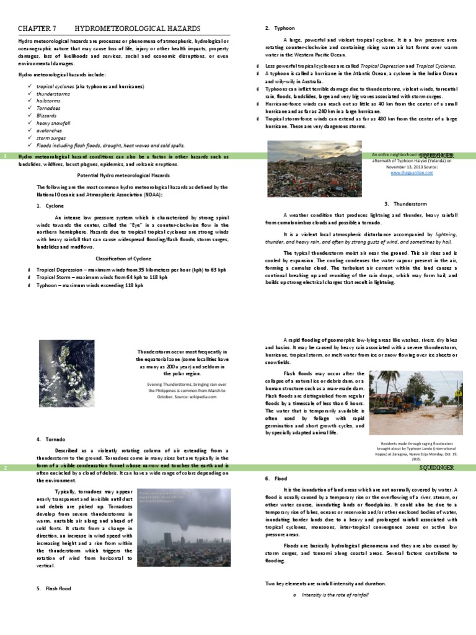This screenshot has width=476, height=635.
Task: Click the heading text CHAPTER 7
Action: click(37, 29)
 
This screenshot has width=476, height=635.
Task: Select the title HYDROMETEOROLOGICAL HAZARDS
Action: click(138, 29)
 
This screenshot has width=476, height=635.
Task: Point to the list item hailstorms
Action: click(49, 101)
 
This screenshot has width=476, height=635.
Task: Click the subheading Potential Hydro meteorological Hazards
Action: click(123, 176)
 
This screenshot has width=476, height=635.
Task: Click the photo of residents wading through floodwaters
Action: click(415, 402)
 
